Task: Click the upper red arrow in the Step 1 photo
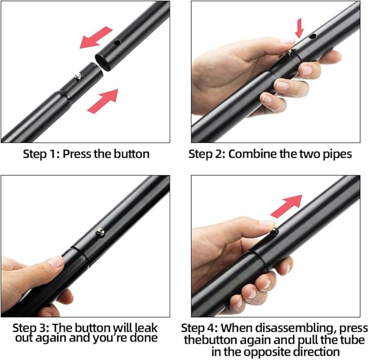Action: [x=96, y=37]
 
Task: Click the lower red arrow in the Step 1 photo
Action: [x=103, y=101]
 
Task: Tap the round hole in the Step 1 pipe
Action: [x=117, y=42]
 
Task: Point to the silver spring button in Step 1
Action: [x=79, y=77]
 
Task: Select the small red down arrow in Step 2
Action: [x=299, y=28]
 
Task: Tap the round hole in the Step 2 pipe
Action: [x=312, y=36]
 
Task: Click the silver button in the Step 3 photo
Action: [x=101, y=232]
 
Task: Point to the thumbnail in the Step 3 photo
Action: [x=56, y=261]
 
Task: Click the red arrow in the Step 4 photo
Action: [x=286, y=206]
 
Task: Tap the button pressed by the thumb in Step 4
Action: [x=274, y=232]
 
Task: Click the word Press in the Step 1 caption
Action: [x=77, y=154]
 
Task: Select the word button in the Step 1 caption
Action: [x=132, y=154]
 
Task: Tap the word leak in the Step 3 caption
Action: [x=146, y=328]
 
